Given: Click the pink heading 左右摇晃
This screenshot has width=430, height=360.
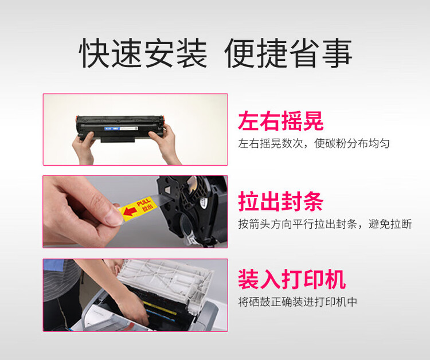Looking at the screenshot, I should (281, 122).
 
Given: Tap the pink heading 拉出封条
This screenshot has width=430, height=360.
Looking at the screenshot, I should (281, 202).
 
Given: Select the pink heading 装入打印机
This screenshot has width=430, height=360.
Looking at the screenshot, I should (292, 280).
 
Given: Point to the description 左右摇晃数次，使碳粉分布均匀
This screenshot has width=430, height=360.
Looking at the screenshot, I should (314, 143).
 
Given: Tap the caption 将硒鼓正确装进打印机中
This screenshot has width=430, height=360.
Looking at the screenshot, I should (298, 302).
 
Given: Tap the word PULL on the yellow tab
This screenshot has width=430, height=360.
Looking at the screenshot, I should (142, 200).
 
